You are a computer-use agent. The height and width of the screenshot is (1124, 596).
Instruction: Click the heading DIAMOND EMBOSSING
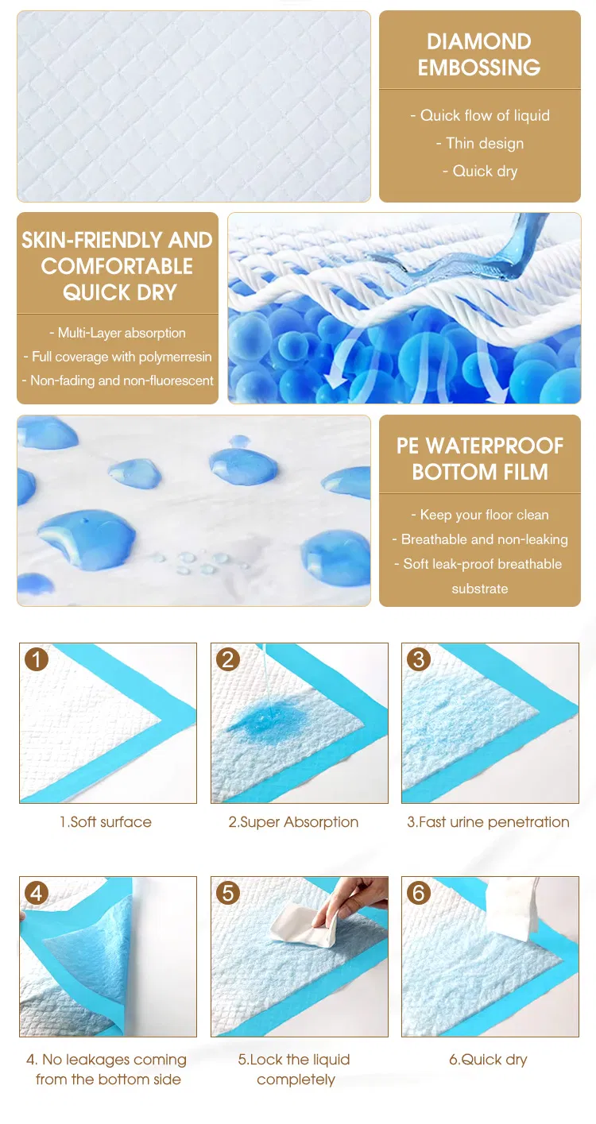tap(479, 55)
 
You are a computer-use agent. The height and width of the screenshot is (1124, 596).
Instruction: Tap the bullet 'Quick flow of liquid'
tap(480, 115)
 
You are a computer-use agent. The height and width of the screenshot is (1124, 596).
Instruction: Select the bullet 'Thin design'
tap(480, 144)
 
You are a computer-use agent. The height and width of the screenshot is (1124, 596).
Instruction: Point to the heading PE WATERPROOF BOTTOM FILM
tap(479, 458)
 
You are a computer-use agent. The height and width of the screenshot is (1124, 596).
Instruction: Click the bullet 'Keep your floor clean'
tap(480, 515)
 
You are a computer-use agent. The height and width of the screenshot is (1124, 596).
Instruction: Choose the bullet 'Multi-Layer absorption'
tap(118, 333)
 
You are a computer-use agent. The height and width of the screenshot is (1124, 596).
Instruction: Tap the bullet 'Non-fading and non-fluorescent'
tap(118, 380)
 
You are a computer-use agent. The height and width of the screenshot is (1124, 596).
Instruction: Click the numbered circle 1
tap(37, 659)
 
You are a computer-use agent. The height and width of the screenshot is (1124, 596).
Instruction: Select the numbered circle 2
tap(228, 659)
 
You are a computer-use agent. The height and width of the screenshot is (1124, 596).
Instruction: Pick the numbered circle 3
tap(419, 659)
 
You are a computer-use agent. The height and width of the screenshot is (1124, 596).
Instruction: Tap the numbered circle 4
tap(37, 893)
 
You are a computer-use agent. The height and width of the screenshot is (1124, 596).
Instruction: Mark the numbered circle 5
tap(228, 893)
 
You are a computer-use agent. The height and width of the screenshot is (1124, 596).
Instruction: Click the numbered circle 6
tap(419, 893)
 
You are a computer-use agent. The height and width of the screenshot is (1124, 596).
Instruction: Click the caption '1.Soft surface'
tap(106, 822)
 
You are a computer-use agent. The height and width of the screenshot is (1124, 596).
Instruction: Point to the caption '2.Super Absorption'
tap(294, 822)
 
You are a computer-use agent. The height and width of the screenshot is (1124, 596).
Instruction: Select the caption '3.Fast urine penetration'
tap(488, 822)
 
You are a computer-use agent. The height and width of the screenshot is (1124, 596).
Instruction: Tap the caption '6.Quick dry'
tap(488, 1060)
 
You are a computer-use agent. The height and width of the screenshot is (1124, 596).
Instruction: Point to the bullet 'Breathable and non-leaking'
tap(480, 539)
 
